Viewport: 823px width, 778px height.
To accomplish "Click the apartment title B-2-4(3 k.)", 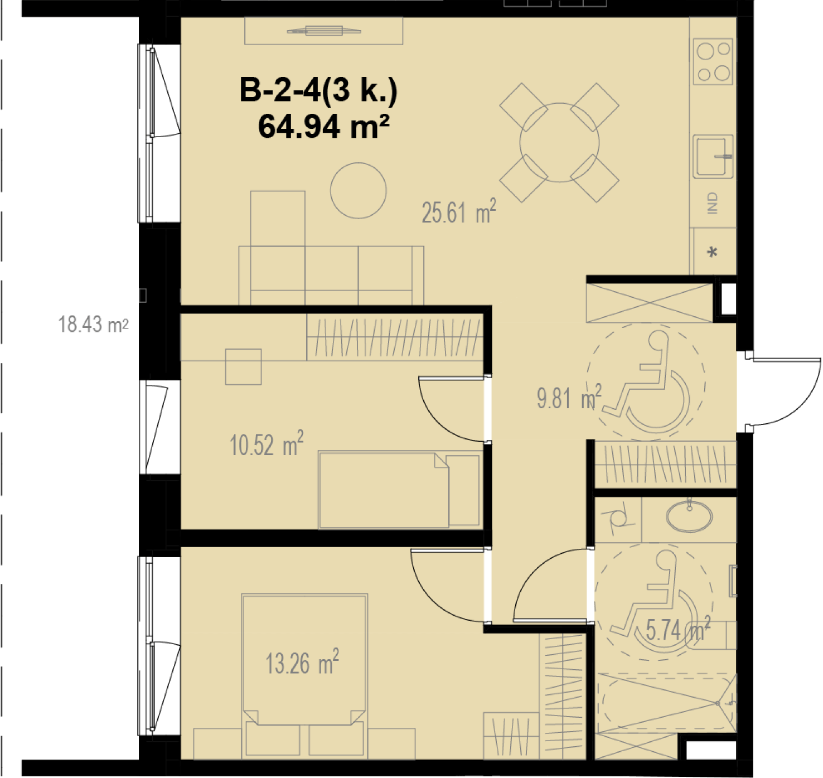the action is click(318, 90).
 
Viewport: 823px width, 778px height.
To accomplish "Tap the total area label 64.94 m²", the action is click(324, 127).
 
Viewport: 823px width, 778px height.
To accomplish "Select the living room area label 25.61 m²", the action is click(459, 211).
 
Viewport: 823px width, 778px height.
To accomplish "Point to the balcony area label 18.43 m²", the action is click(93, 325).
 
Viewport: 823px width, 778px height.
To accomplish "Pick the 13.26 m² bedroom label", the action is click(302, 663).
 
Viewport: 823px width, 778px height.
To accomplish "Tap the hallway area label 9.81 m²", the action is click(569, 397).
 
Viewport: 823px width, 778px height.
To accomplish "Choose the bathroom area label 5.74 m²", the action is click(678, 629).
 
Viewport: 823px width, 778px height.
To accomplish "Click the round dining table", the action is click(559, 143).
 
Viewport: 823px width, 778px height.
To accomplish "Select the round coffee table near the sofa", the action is click(359, 191).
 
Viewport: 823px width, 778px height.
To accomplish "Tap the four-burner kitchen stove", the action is click(713, 61).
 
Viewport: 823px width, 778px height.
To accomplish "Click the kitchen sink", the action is click(713, 157).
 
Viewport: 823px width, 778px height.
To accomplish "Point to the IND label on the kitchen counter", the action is click(713, 204).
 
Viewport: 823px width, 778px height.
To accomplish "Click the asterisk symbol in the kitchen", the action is click(712, 253).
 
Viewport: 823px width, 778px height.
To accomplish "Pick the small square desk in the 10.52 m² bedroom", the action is click(243, 367).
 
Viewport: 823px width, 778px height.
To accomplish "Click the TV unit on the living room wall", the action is click(323, 31).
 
